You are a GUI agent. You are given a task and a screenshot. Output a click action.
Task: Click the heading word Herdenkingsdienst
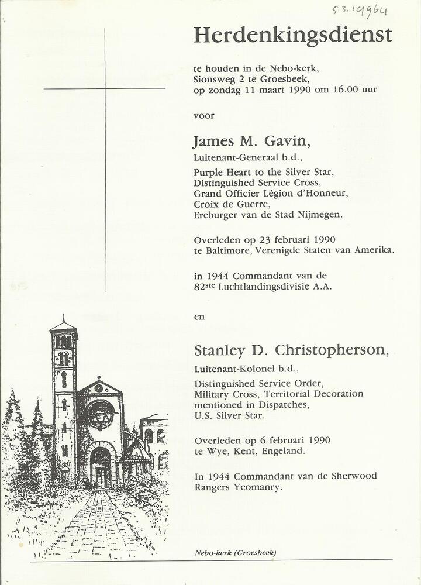point(292,36)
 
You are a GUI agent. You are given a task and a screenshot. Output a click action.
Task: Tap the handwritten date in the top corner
point(360,9)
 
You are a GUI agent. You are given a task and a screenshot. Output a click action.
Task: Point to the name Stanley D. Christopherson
point(291,350)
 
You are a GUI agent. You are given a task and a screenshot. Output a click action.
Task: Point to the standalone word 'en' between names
point(199,316)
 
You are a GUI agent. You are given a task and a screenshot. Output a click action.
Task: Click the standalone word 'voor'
point(203,115)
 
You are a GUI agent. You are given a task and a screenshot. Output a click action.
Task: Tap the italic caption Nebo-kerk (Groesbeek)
point(236,553)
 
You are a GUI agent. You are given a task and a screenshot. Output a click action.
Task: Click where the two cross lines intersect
point(105,89)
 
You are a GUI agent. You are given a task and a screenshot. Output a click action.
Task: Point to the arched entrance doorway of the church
point(100,465)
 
